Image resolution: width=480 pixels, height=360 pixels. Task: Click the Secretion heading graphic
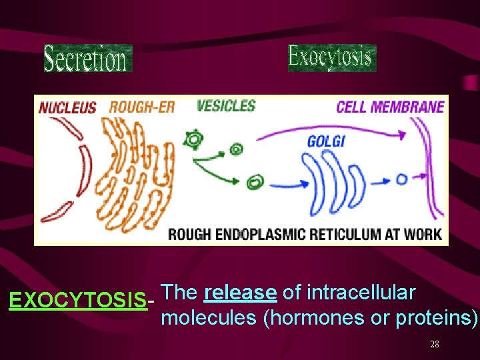pyautogui.click(x=87, y=58)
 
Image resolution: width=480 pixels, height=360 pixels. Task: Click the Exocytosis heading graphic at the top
pyautogui.click(x=331, y=58)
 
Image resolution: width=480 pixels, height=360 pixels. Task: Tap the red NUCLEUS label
pyautogui.click(x=67, y=107)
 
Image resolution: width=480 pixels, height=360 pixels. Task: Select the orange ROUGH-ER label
pyautogui.click(x=141, y=107)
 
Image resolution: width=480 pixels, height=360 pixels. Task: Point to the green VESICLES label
pyautogui.click(x=227, y=105)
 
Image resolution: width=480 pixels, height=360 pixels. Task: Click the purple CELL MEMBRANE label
pyautogui.click(x=390, y=107)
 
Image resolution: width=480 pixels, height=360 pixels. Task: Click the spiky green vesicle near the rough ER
pyautogui.click(x=195, y=140)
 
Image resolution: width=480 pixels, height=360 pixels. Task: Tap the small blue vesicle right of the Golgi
pyautogui.click(x=401, y=179)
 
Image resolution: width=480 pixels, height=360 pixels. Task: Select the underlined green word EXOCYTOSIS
pyautogui.click(x=78, y=301)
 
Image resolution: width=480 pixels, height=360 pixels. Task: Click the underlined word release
pyautogui.click(x=241, y=293)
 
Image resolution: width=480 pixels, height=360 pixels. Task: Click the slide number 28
pyautogui.click(x=435, y=345)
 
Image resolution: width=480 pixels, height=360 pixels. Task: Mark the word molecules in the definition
pyautogui.click(x=209, y=318)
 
